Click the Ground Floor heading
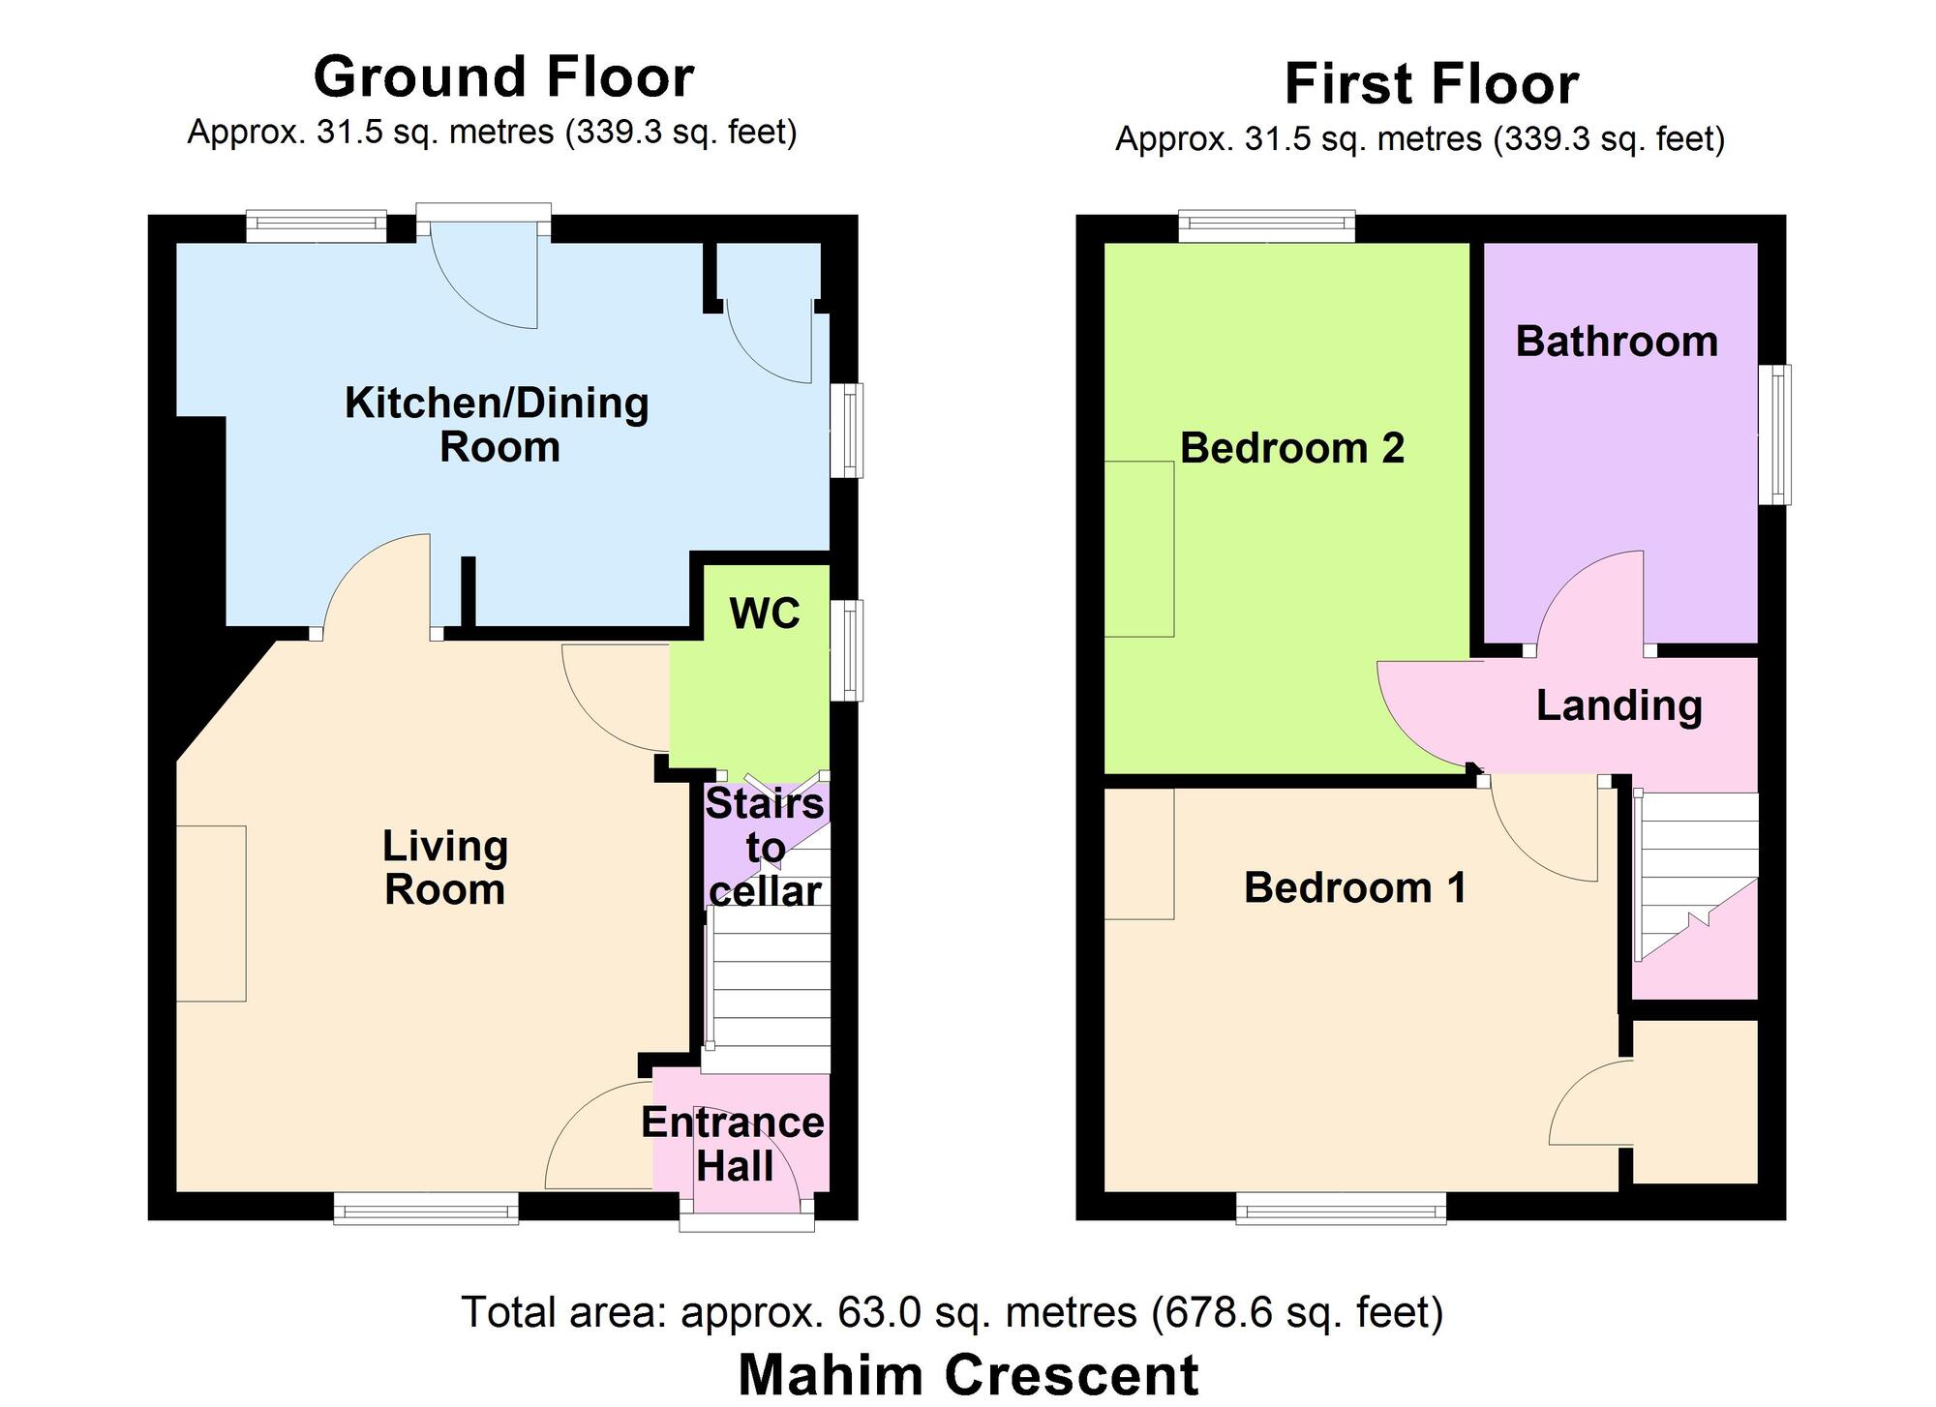point(503,77)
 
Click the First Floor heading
point(1432,84)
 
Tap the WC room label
point(765,614)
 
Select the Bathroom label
point(1616,342)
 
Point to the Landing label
point(1618,705)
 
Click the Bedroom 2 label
point(1291,448)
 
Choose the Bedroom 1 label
point(1354,887)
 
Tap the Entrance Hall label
point(733,1144)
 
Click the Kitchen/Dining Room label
point(498,425)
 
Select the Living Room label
point(444,868)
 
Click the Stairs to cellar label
point(765,848)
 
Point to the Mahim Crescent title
point(968,1375)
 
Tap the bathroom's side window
point(1774,434)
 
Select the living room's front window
point(426,1209)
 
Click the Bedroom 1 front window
point(1341,1209)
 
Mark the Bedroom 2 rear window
point(1266,227)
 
